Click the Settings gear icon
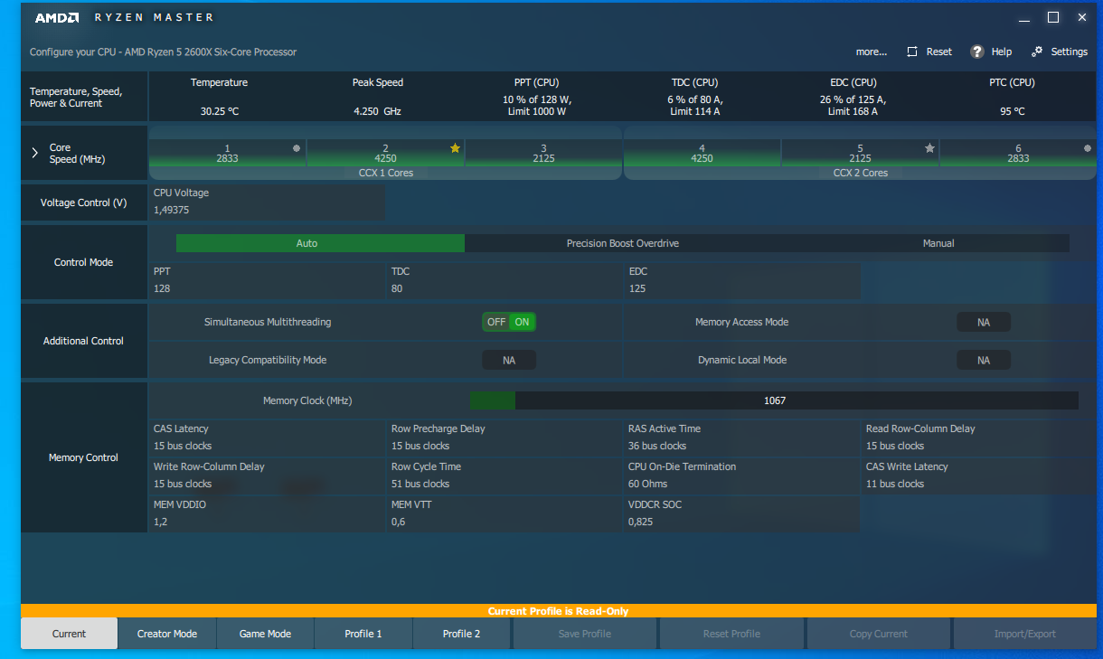tap(1037, 52)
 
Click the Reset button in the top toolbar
tap(929, 52)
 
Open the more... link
tap(871, 52)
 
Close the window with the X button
tap(1082, 17)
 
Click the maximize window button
tap(1052, 17)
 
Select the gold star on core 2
tap(455, 147)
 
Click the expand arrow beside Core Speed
tap(35, 153)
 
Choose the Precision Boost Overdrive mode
tap(622, 243)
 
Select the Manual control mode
tap(938, 243)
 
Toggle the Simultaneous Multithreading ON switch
tap(522, 322)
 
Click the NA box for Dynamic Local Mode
tap(984, 360)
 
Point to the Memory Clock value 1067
tap(775, 400)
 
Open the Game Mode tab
tap(265, 634)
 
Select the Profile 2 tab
tap(461, 634)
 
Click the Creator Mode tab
tap(167, 634)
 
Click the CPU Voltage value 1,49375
tap(171, 210)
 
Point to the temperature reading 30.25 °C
tap(219, 111)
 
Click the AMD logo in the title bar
tap(57, 18)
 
